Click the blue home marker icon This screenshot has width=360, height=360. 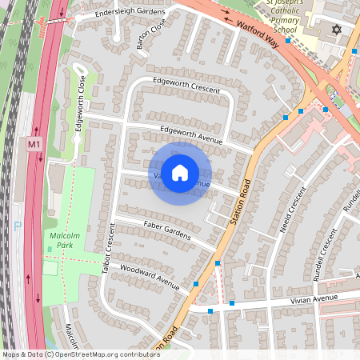click(x=180, y=173)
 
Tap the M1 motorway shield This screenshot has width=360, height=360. click(x=34, y=144)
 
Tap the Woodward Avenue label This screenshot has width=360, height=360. click(x=150, y=275)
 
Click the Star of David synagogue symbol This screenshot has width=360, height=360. click(x=336, y=30)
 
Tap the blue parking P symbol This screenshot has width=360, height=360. click(x=18, y=226)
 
